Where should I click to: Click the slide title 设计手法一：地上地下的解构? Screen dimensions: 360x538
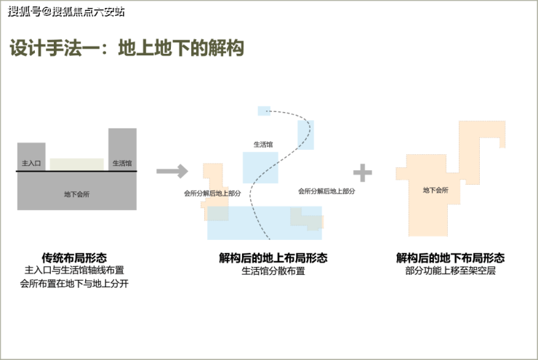(127, 49)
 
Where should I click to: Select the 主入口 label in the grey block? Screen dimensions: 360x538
(31, 163)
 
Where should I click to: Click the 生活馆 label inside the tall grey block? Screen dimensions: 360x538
(122, 163)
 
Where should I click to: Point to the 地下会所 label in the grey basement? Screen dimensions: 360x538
(76, 194)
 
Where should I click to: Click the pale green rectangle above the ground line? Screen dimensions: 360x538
(76, 164)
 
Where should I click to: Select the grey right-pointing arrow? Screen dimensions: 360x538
(172, 172)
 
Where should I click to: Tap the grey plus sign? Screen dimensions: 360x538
(362, 172)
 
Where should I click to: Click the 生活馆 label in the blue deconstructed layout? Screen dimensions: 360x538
(262, 144)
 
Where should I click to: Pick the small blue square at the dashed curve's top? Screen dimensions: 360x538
(263, 111)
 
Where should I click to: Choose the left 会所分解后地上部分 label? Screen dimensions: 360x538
(212, 193)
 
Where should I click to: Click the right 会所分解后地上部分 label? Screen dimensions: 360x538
(326, 191)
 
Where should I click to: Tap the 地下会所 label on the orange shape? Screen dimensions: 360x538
(435, 190)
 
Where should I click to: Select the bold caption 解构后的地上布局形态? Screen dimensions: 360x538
(273, 257)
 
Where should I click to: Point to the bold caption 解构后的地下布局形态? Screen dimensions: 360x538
(450, 257)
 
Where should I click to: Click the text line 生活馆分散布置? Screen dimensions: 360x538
(273, 271)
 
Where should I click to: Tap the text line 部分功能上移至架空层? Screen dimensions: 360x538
(450, 271)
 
